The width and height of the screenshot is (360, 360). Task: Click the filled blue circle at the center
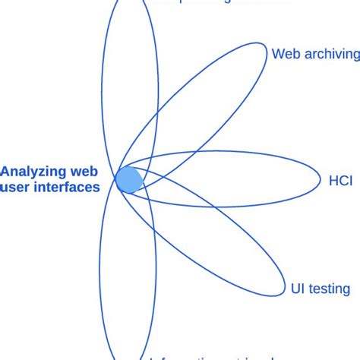coord(128,180)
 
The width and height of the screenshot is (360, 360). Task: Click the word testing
coord(330,289)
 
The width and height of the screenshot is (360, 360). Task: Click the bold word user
coord(16,187)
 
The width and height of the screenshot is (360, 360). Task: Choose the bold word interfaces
coord(66,187)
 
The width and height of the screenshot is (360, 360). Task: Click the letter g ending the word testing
coord(346,290)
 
